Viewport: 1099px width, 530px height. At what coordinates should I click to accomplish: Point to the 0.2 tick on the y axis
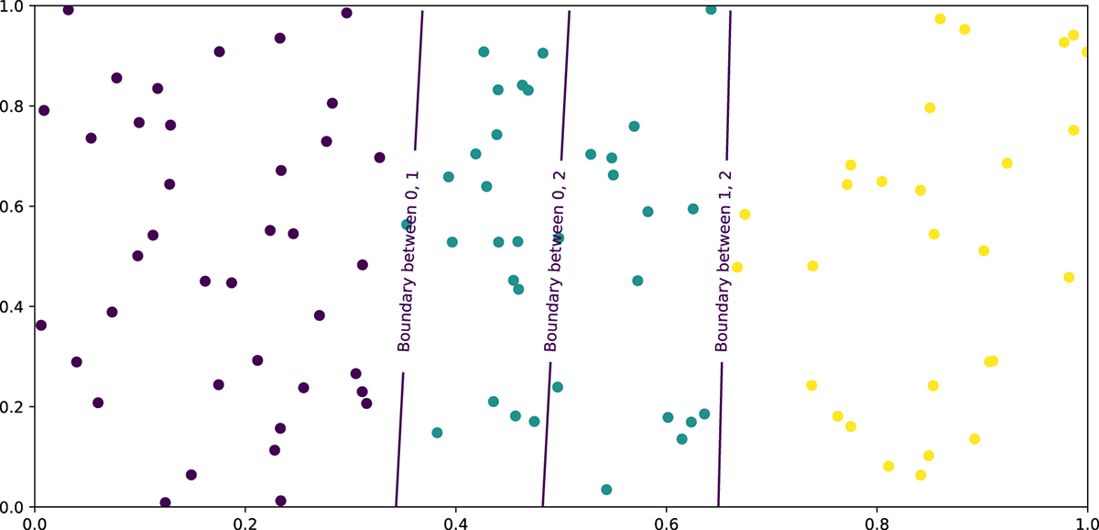tap(15, 407)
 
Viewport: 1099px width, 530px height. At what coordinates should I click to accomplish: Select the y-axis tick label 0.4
tap(15, 306)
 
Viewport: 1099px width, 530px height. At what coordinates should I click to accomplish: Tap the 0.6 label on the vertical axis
tap(15, 206)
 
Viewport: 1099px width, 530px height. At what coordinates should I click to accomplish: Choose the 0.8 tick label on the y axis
tap(15, 106)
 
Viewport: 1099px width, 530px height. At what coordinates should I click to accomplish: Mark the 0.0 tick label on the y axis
tap(15, 507)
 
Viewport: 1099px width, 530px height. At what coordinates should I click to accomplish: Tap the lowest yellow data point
tap(920, 475)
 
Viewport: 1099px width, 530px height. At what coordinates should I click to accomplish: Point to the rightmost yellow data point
tap(1086, 52)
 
